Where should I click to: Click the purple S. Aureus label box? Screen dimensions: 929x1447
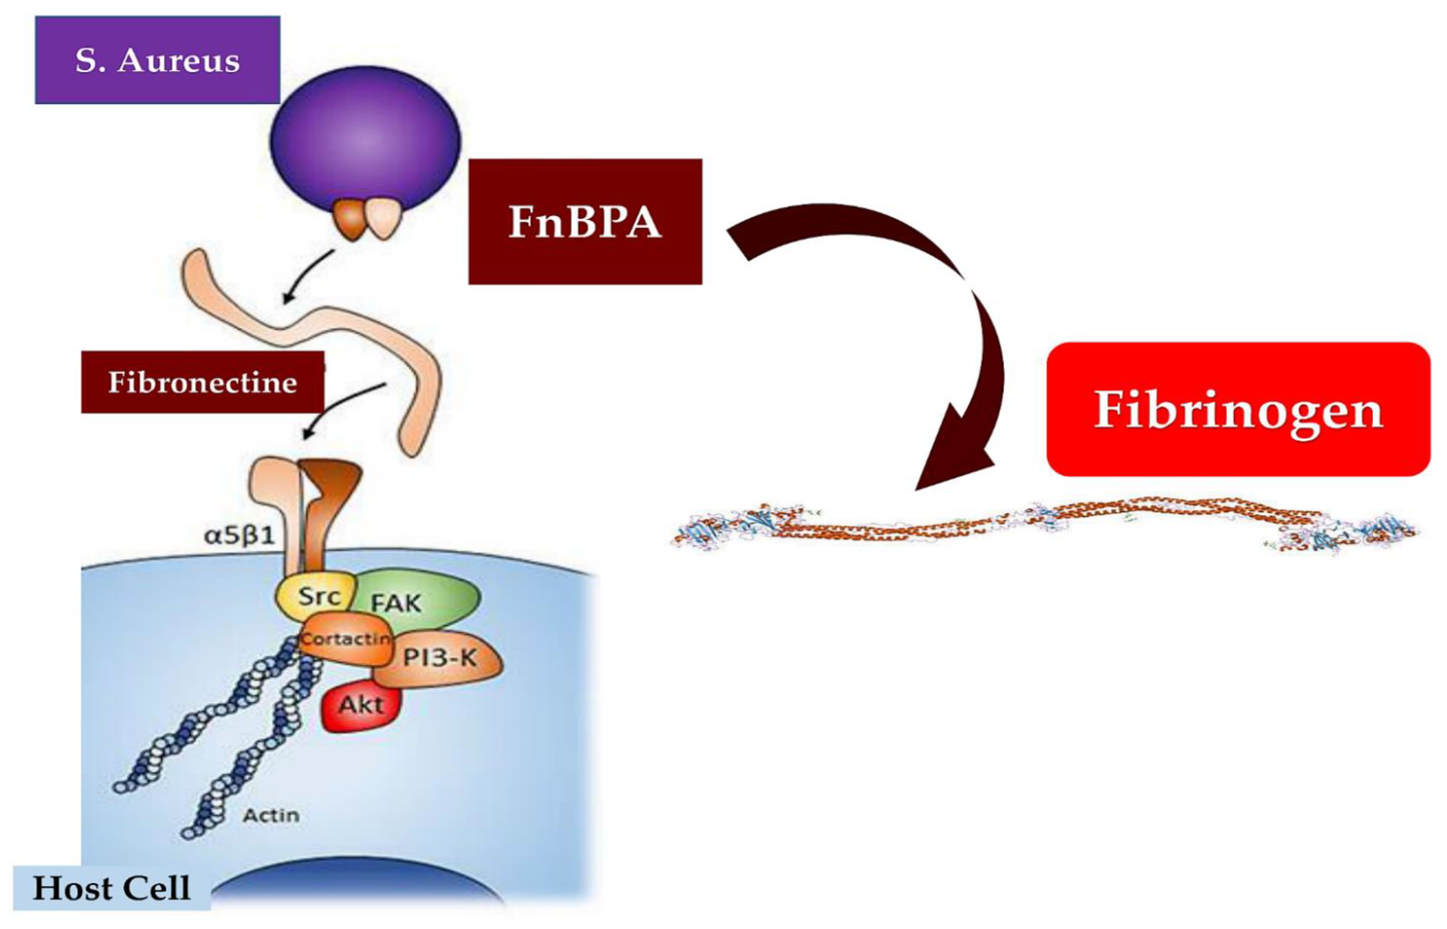point(158,60)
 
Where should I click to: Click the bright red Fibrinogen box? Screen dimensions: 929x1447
point(1238,409)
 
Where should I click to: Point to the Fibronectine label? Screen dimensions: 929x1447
point(203,382)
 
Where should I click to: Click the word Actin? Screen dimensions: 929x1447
point(271,815)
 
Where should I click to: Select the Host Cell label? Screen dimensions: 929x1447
point(112,888)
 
